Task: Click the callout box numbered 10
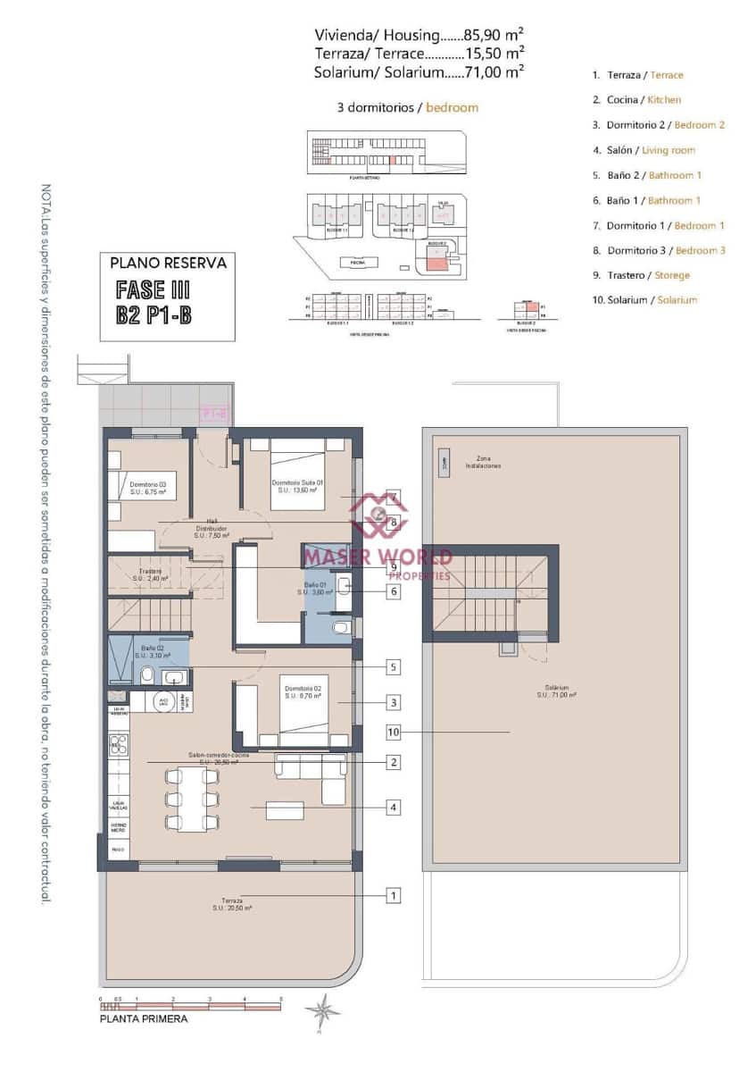(394, 732)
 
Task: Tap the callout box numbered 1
(393, 894)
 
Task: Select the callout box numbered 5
(393, 666)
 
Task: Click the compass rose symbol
(321, 1010)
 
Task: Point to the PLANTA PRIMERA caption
(144, 1018)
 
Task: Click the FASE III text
(153, 290)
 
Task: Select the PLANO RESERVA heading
(168, 264)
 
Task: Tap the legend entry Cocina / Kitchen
(636, 100)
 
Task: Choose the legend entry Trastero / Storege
(641, 275)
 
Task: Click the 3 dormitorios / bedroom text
(407, 107)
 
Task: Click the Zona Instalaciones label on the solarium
(482, 462)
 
